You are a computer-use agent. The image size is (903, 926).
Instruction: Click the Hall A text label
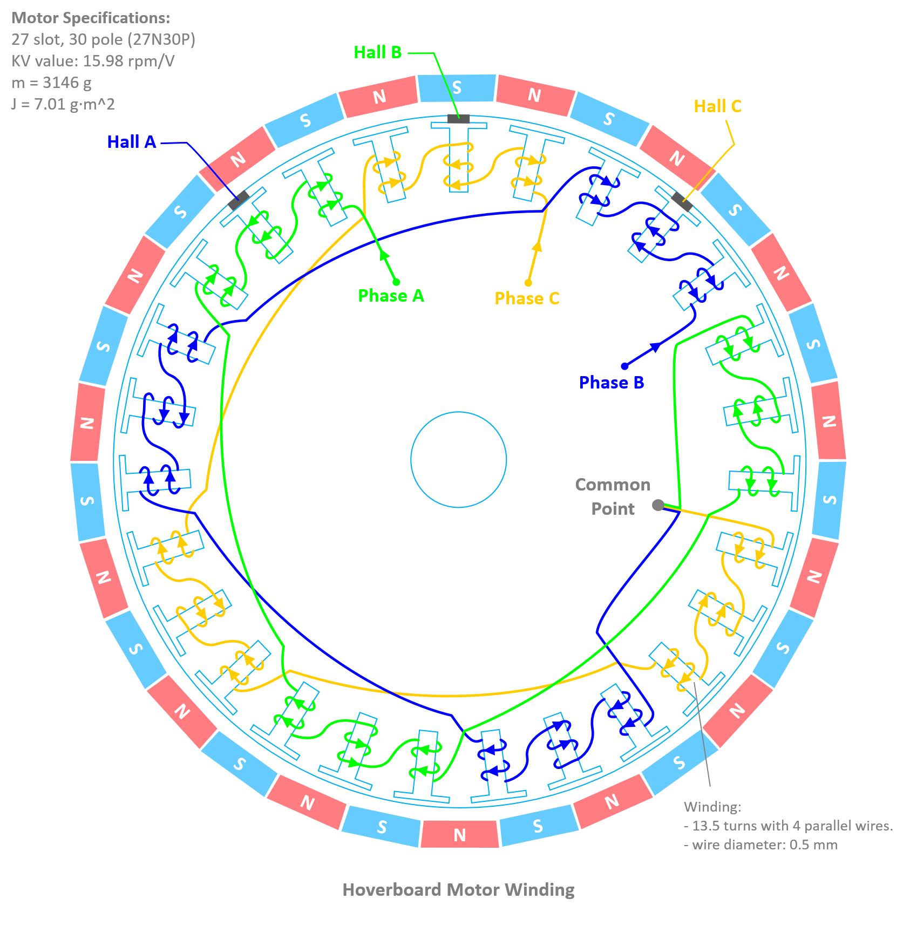[131, 142]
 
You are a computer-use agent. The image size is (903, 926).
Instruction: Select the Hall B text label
[377, 52]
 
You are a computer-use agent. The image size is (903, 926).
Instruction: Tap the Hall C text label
[717, 106]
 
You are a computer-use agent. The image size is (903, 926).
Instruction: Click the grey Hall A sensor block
[238, 200]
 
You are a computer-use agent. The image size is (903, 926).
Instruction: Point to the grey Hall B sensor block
[458, 119]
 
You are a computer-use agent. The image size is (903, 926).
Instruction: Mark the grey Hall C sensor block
[682, 202]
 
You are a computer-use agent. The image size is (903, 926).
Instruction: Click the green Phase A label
[391, 296]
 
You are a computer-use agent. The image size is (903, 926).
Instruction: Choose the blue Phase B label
[611, 382]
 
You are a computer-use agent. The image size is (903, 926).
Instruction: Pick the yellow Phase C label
[527, 298]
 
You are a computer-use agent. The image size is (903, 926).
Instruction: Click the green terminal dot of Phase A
[396, 282]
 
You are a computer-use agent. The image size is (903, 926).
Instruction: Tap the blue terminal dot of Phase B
[624, 366]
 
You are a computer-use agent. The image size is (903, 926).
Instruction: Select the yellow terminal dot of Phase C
[528, 283]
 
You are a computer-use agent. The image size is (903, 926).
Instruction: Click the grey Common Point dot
[658, 505]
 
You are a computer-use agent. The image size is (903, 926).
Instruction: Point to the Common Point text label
[613, 496]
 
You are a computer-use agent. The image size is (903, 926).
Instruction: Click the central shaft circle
[458, 460]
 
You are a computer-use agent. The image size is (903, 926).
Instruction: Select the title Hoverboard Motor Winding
[458, 889]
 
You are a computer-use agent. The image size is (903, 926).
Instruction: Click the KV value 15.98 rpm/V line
[93, 61]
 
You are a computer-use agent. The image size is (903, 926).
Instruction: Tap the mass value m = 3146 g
[51, 83]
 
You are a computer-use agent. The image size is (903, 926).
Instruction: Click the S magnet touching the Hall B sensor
[457, 88]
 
